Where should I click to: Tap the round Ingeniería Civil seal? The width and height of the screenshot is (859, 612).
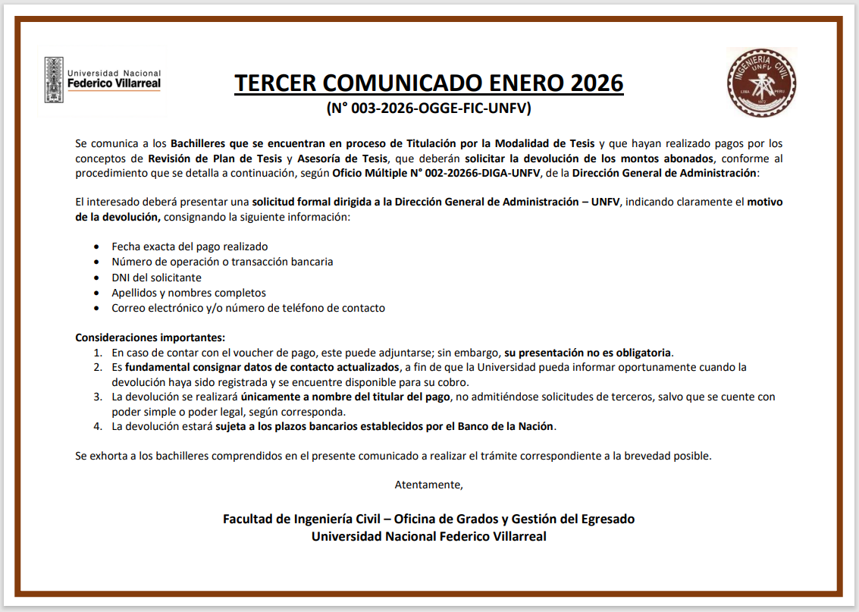tap(761, 82)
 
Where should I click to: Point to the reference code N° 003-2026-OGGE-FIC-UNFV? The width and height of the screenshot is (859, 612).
tap(429, 108)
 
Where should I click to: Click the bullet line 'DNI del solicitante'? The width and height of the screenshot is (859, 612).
tap(156, 278)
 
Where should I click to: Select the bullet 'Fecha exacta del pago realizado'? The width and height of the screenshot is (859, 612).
tap(190, 246)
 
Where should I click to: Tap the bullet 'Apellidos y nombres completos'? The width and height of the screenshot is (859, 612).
tap(189, 293)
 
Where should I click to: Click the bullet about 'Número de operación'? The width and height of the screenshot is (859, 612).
tap(222, 262)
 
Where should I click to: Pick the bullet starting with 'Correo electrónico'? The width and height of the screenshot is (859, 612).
tap(248, 308)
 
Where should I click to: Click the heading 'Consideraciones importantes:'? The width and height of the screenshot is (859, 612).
tap(150, 337)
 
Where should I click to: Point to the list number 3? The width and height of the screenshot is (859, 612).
tap(98, 397)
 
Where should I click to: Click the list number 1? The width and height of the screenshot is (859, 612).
tap(98, 353)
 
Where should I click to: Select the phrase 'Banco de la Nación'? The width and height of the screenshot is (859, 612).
tap(506, 426)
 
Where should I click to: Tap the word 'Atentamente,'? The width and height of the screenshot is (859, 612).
tap(428, 484)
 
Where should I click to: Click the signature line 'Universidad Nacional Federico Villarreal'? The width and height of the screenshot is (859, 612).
tap(428, 536)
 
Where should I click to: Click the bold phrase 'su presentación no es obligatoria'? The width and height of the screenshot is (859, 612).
tap(588, 353)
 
